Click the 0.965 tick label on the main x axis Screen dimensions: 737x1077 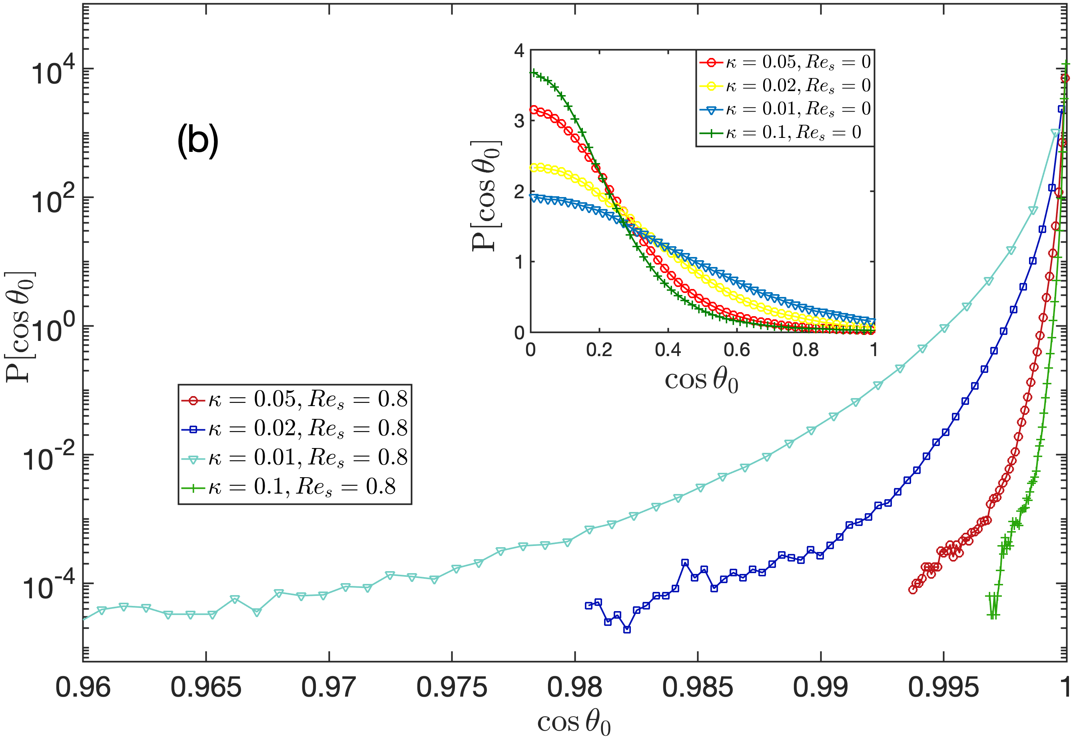(206, 687)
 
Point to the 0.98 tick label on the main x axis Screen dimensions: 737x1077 (574, 687)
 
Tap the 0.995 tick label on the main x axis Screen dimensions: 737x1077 (943, 687)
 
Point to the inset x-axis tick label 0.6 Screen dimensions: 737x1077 (736, 350)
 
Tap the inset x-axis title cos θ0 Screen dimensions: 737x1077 (701, 381)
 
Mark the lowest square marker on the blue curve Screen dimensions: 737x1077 (627, 629)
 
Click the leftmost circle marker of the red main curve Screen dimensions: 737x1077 (912, 590)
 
